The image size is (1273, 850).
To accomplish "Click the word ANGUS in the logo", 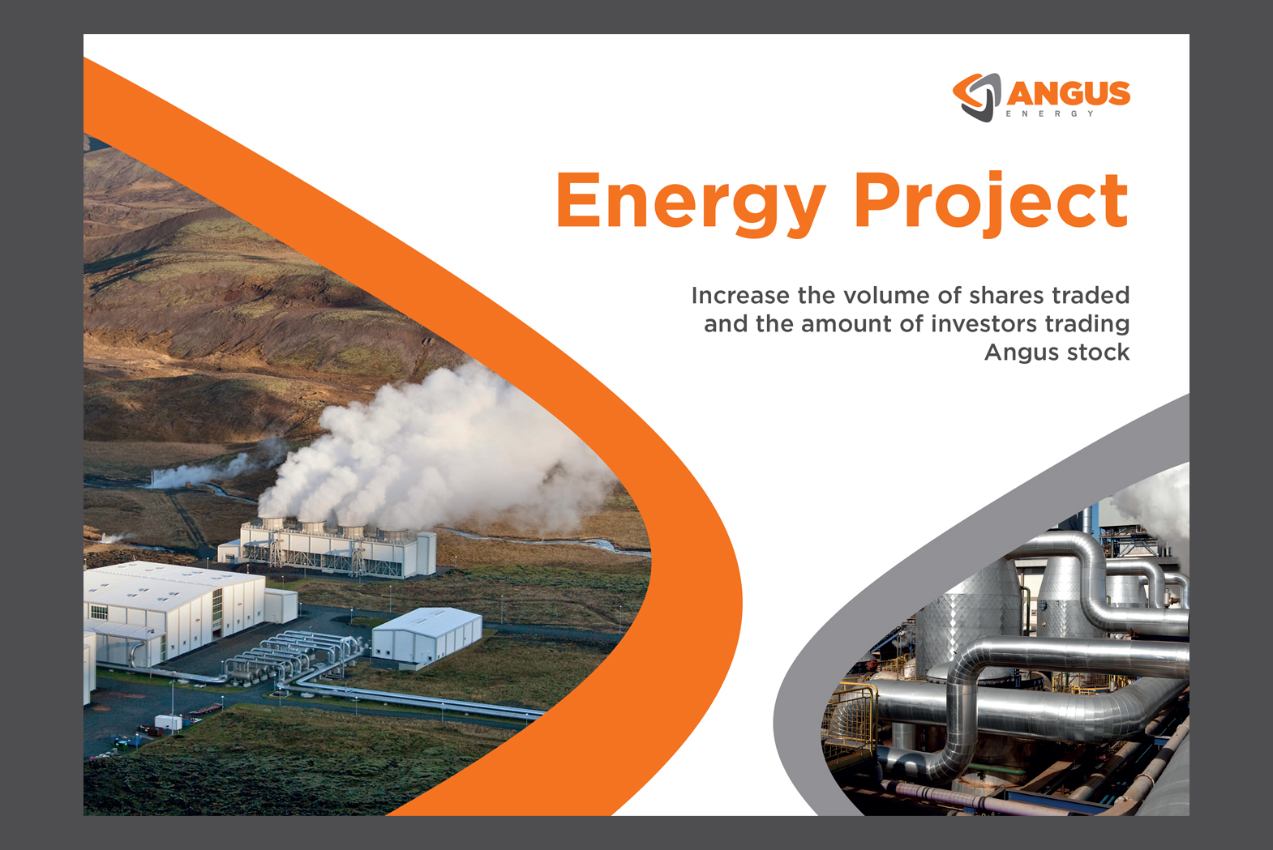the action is coord(1069,93).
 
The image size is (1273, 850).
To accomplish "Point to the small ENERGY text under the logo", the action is coord(1050,113).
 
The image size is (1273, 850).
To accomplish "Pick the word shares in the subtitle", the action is coord(1006,295).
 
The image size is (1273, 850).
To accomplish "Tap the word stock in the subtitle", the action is coord(1098,352).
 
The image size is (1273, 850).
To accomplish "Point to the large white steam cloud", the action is coord(432,449).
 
